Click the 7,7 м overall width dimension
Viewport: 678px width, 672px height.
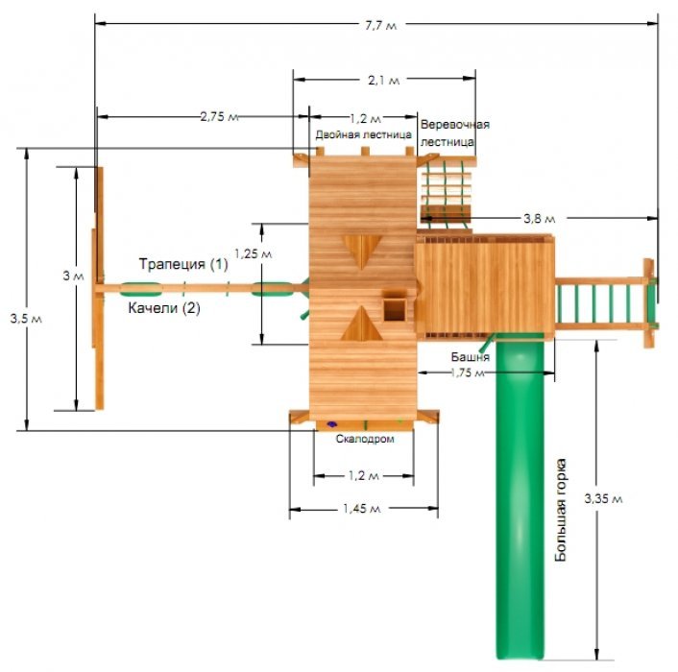pos(380,26)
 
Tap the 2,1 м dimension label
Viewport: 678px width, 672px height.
pos(383,81)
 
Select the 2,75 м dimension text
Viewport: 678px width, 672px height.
pos(219,117)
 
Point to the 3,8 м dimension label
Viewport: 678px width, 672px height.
pos(539,219)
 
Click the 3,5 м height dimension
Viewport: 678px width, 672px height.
pos(26,319)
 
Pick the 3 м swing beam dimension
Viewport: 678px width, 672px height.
pos(73,276)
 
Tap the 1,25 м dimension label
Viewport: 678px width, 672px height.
pos(253,253)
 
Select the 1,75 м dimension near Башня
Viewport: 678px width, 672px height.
pos(467,372)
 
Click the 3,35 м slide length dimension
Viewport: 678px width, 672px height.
pos(603,498)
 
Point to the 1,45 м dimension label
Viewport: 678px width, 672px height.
pos(362,509)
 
